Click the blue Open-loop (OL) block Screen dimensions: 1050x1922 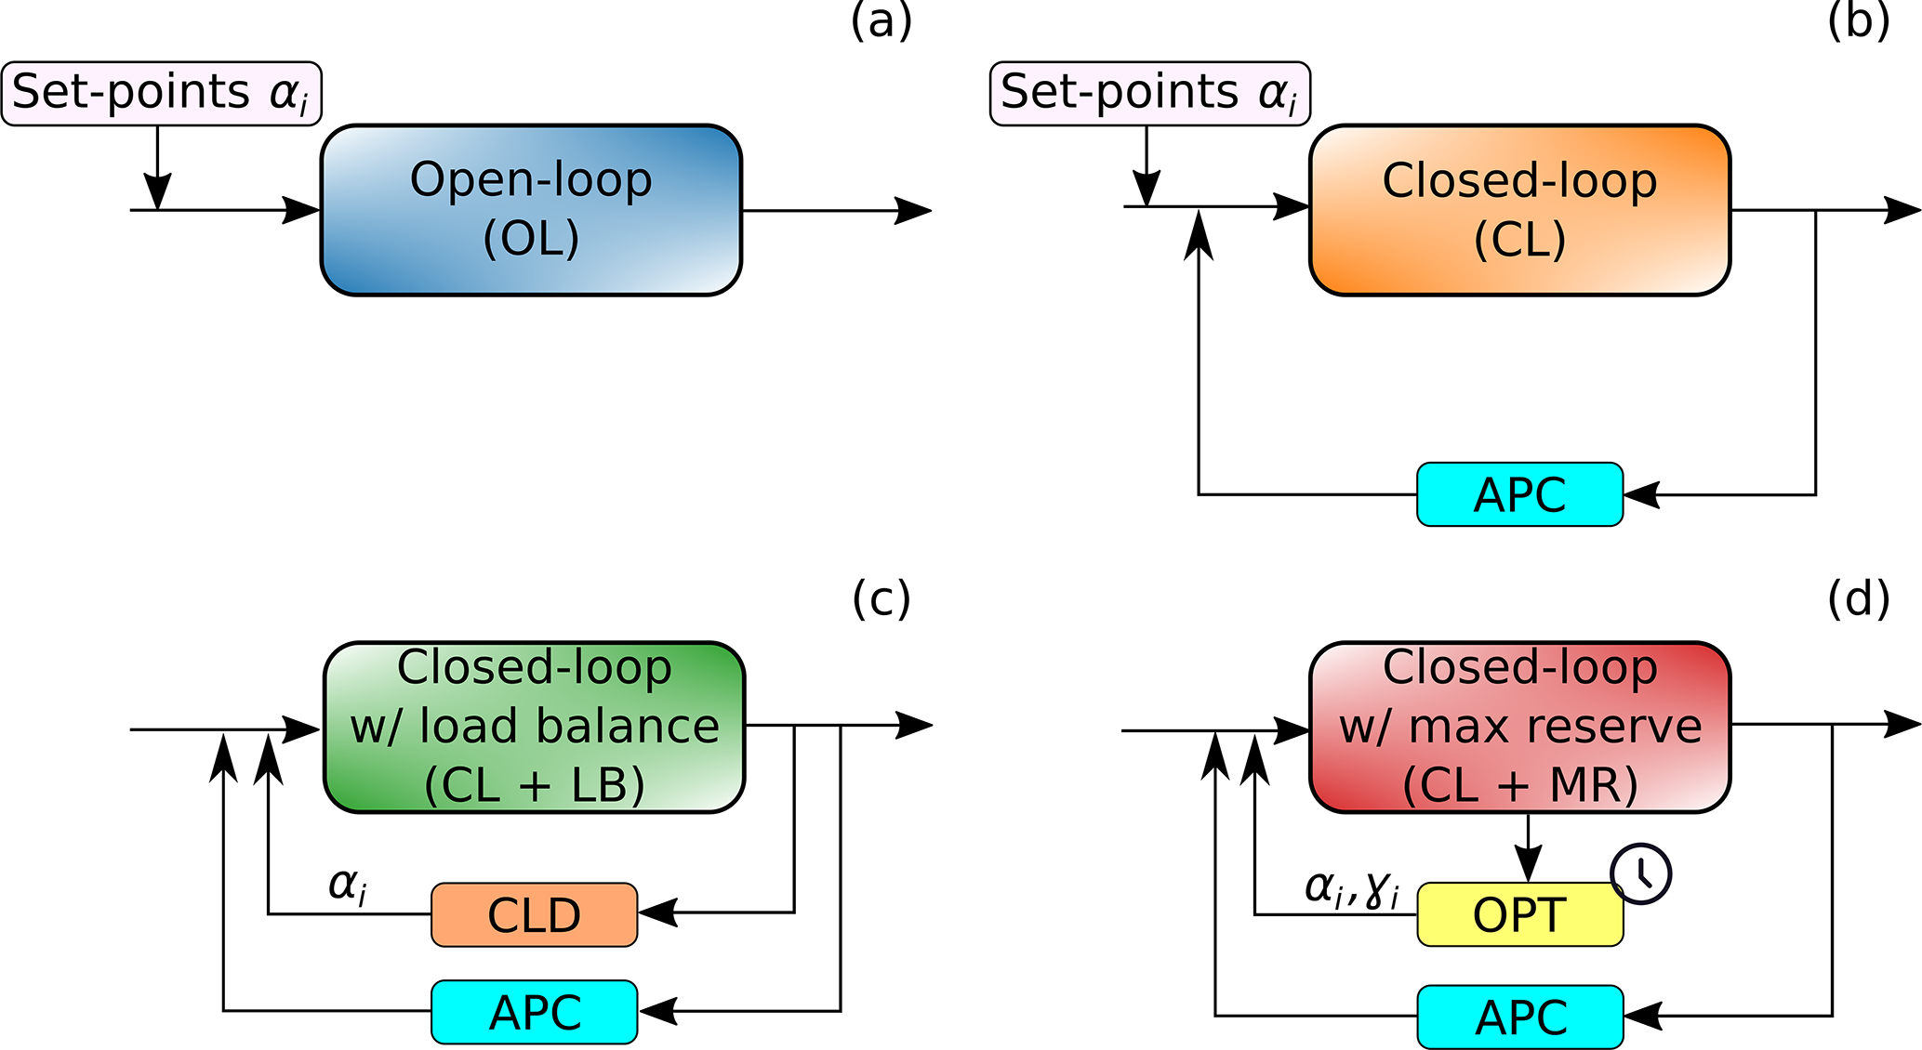tap(531, 210)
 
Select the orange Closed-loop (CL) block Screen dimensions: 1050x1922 tap(1519, 210)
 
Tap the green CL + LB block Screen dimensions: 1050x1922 tap(534, 727)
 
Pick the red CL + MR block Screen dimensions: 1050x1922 tap(1519, 727)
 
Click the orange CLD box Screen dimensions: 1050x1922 tap(534, 915)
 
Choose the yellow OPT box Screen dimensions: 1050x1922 tap(1519, 915)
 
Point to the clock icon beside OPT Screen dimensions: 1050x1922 tap(1641, 873)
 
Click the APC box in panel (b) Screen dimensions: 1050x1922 tap(1519, 494)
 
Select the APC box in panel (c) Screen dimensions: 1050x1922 tap(534, 1012)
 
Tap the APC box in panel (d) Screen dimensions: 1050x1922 tap(1519, 1017)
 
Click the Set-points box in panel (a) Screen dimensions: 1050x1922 tap(161, 93)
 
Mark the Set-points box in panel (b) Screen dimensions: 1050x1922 tap(1149, 93)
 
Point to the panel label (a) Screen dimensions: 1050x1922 tap(881, 20)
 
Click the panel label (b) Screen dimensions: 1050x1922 tap(1858, 20)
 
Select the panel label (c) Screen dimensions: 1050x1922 tap(881, 598)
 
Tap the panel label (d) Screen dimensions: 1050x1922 tap(1858, 598)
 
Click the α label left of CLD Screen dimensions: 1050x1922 tap(348, 885)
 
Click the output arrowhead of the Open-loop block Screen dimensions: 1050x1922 tap(913, 211)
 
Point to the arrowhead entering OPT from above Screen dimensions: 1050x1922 tap(1528, 865)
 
